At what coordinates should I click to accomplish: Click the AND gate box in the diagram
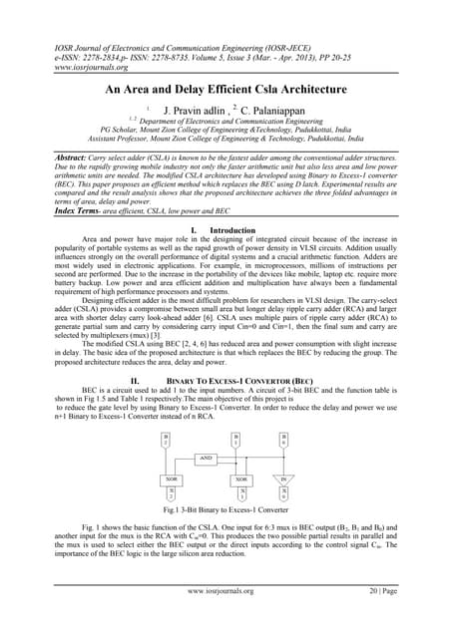click(x=206, y=458)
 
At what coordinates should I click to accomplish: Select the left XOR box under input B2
click(x=171, y=479)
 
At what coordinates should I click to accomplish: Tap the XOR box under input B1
click(x=241, y=479)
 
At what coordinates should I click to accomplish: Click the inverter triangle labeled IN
click(x=283, y=479)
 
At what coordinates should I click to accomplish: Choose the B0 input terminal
click(x=283, y=438)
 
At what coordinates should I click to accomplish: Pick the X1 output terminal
click(x=241, y=494)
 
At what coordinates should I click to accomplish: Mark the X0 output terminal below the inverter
click(x=283, y=494)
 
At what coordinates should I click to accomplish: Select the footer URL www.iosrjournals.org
click(x=225, y=619)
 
